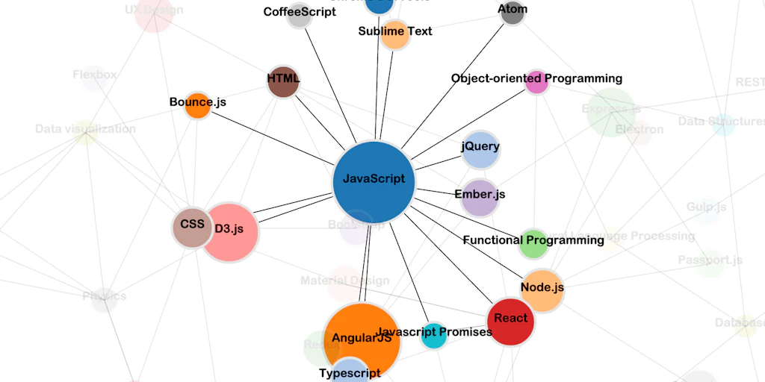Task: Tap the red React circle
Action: coord(511,320)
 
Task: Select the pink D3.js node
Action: coord(230,232)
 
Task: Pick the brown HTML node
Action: coord(283,81)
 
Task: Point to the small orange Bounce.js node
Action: coord(198,105)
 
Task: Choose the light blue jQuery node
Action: coord(480,149)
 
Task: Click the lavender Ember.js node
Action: coord(479,197)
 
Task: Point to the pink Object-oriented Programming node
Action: coord(536,82)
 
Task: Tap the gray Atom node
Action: coord(512,13)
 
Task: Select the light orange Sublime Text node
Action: coord(394,34)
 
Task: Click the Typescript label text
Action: coord(350,373)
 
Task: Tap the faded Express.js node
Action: coord(611,110)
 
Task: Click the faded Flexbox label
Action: coord(95,75)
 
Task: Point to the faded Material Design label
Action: coord(344,281)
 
